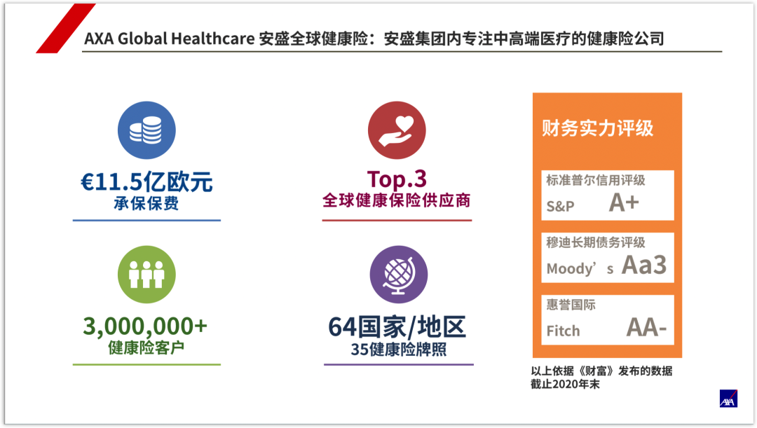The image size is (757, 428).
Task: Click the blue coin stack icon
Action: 146,130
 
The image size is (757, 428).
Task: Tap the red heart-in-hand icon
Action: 397,130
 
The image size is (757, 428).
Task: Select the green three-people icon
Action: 146,274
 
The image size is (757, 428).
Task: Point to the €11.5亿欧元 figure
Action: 146,181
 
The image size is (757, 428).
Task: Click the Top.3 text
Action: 397,179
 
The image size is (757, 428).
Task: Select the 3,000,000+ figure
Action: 146,326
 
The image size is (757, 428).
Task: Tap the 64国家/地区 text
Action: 397,326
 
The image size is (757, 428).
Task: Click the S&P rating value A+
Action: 624,202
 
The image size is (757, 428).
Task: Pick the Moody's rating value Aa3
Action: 644,265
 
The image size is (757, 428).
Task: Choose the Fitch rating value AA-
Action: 646,327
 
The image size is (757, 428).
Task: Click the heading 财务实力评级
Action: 597,128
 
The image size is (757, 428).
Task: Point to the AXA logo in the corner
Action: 728,399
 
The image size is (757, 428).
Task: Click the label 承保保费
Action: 146,204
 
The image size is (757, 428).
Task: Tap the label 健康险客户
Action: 146,347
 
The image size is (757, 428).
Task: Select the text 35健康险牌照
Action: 398,349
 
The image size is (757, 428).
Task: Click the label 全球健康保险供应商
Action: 397,200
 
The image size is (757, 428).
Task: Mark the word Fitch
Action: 563,331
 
